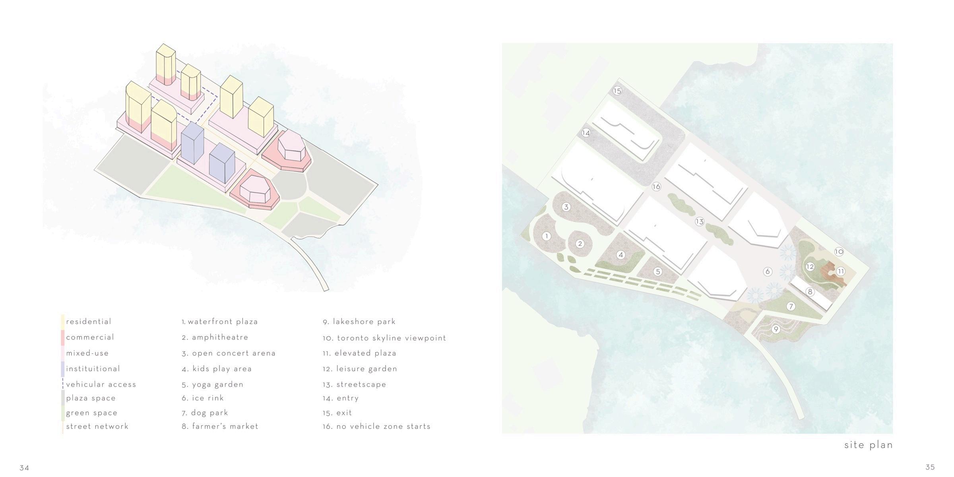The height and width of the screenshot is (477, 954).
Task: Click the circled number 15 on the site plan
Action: [x=617, y=91]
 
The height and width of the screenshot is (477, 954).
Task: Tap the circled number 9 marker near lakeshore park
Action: [x=776, y=329]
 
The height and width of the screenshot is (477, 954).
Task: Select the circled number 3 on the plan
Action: [x=566, y=207]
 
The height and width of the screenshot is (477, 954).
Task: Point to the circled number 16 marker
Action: [x=656, y=186]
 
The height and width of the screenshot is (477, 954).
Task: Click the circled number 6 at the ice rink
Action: [x=768, y=271]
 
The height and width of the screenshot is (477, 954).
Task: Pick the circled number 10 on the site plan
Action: [x=839, y=252]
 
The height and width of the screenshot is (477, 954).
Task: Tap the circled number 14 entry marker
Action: [x=586, y=133]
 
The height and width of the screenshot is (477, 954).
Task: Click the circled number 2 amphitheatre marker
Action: [x=580, y=244]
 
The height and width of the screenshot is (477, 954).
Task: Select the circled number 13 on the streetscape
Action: [x=700, y=221]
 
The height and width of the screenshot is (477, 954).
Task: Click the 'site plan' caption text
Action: [x=869, y=445]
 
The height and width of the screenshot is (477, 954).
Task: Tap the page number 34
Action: [x=24, y=467]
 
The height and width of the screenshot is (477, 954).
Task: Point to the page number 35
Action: [x=930, y=467]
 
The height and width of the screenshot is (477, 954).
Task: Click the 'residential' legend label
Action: [x=89, y=322]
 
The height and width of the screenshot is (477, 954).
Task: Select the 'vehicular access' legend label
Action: [x=101, y=384]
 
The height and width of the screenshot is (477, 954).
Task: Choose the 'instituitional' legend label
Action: [x=93, y=369]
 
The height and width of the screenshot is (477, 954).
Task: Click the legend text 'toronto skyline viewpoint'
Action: [x=392, y=338]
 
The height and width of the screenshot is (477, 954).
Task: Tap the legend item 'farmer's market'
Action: [x=225, y=427]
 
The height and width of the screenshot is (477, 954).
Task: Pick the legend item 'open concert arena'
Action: [x=234, y=353]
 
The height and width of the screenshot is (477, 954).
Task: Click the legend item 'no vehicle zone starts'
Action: [x=383, y=427]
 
